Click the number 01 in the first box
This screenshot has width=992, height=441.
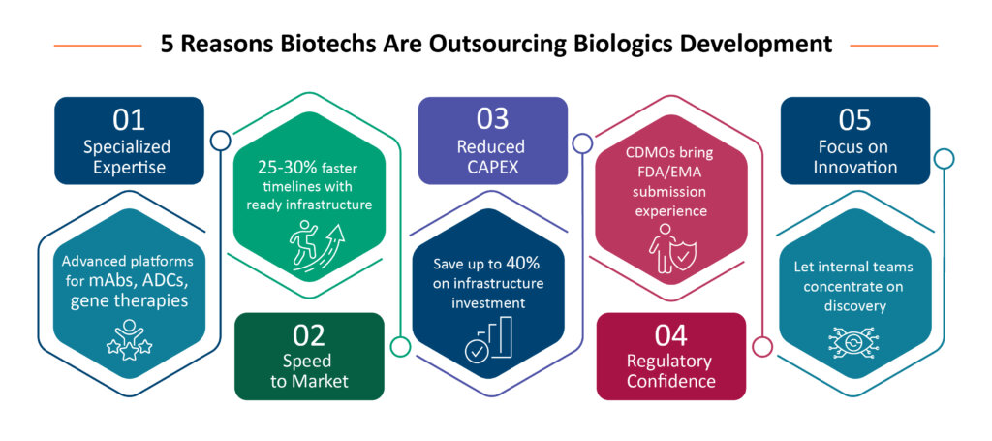click(129, 119)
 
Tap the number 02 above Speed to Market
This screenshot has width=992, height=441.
click(309, 335)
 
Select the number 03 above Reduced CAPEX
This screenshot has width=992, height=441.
click(493, 119)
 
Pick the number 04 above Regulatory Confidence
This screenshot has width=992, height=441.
click(671, 335)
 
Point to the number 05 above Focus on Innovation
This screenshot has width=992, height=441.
click(854, 119)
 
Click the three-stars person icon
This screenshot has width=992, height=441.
click(129, 340)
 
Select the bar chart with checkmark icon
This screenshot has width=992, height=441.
click(488, 338)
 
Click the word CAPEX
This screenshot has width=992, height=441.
click(491, 167)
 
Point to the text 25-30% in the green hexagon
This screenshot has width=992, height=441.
click(281, 168)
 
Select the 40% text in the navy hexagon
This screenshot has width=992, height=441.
click(531, 264)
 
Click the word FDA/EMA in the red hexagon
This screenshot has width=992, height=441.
click(671, 173)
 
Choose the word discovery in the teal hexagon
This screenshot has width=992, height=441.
click(854, 305)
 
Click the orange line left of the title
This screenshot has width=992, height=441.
click(98, 46)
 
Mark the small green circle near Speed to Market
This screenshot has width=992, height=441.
click(400, 345)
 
